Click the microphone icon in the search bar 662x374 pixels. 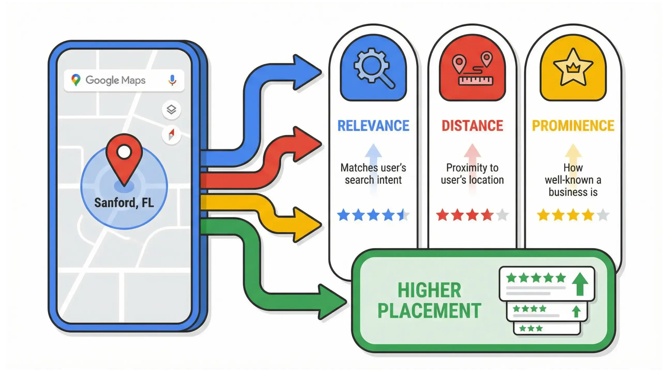172,80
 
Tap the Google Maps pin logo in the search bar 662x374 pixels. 76,80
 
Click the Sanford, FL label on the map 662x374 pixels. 124,203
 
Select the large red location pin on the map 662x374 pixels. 124,158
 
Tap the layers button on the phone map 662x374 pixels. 171,110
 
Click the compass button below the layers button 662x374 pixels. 171,134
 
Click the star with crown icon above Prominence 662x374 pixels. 573,68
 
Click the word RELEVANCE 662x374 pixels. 373,126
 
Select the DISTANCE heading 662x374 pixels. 472,126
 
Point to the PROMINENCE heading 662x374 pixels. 573,126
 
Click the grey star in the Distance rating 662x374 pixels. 502,215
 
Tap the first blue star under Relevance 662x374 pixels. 343,215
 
